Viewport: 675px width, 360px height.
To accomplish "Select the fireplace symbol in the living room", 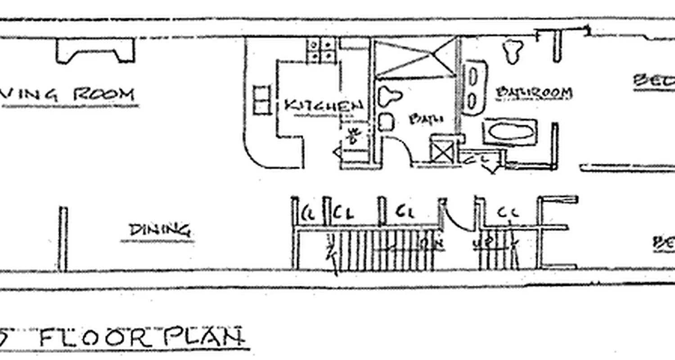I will [x=95, y=50].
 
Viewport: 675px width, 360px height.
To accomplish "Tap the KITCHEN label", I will [x=324, y=105].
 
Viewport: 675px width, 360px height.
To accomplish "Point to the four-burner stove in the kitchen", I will [x=321, y=50].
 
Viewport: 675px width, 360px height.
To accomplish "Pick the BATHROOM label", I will [x=534, y=93].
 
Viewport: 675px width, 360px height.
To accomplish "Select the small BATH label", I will [x=426, y=119].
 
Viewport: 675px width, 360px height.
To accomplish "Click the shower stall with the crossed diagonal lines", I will [x=414, y=58].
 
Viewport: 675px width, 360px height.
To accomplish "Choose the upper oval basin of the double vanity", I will [x=473, y=76].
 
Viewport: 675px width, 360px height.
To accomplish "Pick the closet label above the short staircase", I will [x=508, y=212].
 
